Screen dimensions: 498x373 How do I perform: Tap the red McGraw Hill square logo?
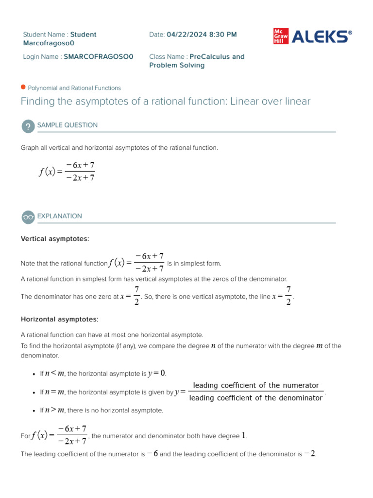(x=280, y=36)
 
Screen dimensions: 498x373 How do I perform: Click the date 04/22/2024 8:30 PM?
(x=202, y=35)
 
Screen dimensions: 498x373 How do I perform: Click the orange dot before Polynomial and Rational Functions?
(x=23, y=88)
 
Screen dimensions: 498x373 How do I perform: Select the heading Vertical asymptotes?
(x=55, y=239)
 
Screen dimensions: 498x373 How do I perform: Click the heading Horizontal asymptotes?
(x=59, y=320)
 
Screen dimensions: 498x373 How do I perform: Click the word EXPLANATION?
(x=60, y=216)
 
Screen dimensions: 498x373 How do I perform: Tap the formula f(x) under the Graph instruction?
(x=67, y=172)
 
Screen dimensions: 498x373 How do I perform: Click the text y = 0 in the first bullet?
(x=157, y=373)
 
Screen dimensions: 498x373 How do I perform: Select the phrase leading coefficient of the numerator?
(x=256, y=386)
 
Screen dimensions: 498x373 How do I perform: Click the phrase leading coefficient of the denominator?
(x=256, y=398)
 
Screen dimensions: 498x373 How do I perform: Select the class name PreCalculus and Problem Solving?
(x=197, y=61)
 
